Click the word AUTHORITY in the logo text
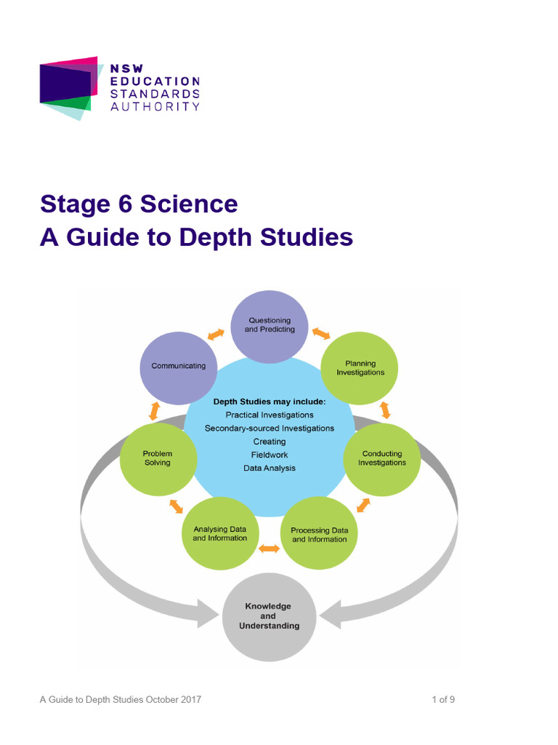(x=155, y=106)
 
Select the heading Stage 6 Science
(x=139, y=204)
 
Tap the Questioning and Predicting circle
(x=270, y=325)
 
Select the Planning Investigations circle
(x=360, y=368)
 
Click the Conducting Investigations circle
(x=381, y=458)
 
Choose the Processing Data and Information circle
(x=319, y=535)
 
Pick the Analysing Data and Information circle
(x=219, y=533)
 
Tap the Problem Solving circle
(x=157, y=458)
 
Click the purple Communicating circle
(x=178, y=367)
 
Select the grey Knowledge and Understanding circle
(x=268, y=616)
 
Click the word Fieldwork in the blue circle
(x=270, y=455)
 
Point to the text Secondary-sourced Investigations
(x=270, y=429)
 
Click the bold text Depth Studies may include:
(x=270, y=402)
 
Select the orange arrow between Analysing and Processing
(x=269, y=549)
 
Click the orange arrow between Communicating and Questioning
(x=216, y=335)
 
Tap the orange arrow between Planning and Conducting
(x=385, y=410)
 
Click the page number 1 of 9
(x=442, y=700)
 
